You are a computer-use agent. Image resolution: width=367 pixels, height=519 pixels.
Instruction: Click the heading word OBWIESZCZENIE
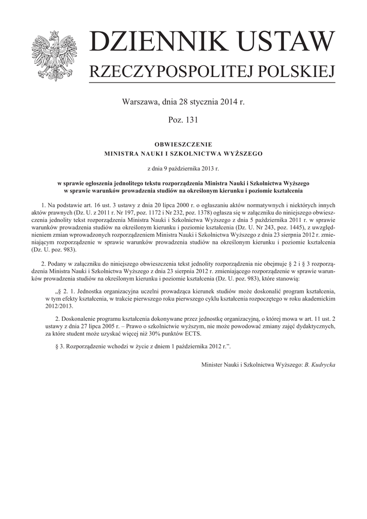pyautogui.click(x=183, y=144)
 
